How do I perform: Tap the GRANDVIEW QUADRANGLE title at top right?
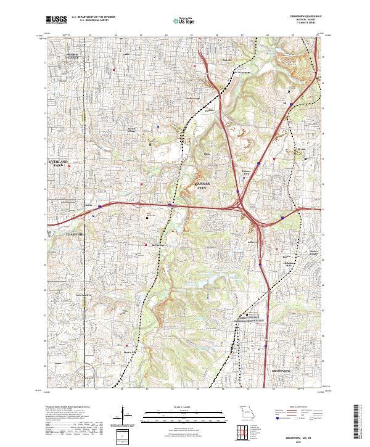click(x=306, y=16)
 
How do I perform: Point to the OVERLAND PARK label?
click(x=60, y=164)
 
